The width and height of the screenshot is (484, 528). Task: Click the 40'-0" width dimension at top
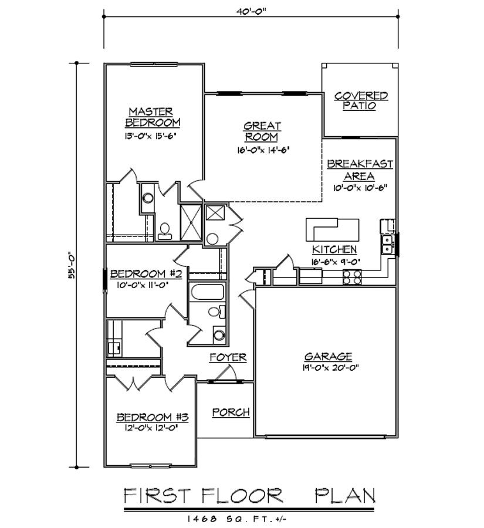[251, 11]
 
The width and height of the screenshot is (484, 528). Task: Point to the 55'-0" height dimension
[72, 265]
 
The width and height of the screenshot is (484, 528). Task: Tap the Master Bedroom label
[152, 117]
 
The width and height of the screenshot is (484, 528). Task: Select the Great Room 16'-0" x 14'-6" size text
[263, 150]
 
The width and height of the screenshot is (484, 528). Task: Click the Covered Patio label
[361, 101]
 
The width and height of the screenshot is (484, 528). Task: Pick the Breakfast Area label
[360, 170]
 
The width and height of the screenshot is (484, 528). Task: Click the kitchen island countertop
[332, 229]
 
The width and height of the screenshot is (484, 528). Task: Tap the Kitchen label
[334, 249]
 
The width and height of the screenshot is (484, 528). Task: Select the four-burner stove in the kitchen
[352, 277]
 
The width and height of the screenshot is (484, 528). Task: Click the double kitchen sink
[388, 245]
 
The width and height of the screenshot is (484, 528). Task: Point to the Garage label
[328, 356]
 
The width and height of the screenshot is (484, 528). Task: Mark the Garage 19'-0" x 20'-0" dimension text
[330, 367]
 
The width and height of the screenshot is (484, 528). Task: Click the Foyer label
[228, 357]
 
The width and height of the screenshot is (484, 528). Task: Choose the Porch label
[231, 412]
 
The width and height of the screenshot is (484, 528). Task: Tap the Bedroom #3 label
[152, 417]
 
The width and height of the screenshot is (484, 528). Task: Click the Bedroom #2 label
[146, 273]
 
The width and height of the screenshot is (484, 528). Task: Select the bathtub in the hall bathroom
[208, 292]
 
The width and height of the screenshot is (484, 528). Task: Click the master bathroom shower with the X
[191, 222]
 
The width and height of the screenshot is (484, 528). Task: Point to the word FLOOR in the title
[242, 496]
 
